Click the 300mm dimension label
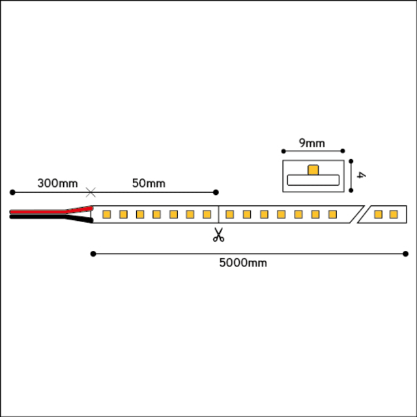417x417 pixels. pyautogui.click(x=57, y=183)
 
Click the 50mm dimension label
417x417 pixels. pyautogui.click(x=149, y=183)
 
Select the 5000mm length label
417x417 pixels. pyautogui.click(x=243, y=263)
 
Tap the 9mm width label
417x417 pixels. pyautogui.click(x=312, y=143)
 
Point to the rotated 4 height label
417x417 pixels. pyautogui.click(x=361, y=175)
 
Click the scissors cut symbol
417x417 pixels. pyautogui.click(x=219, y=235)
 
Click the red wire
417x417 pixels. pyautogui.click(x=51, y=211)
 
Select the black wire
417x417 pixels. pyautogui.click(x=51, y=218)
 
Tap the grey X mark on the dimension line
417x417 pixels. pyautogui.click(x=91, y=192)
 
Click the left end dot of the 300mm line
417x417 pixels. pyautogui.click(x=12, y=192)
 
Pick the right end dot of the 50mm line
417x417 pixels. pyautogui.click(x=216, y=192)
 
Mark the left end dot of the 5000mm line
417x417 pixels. pyautogui.click(x=93, y=253)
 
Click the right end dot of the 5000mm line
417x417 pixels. pyautogui.click(x=405, y=253)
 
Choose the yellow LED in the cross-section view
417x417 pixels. pyautogui.click(x=313, y=170)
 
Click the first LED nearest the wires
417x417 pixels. pyautogui.click(x=107, y=214)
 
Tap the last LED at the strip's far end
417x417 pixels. pyautogui.click(x=394, y=214)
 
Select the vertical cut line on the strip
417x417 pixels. pyautogui.click(x=218, y=214)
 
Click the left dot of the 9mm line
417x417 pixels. pyautogui.click(x=283, y=151)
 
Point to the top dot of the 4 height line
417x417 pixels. pyautogui.click(x=351, y=161)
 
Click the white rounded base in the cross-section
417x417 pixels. pyautogui.click(x=313, y=180)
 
